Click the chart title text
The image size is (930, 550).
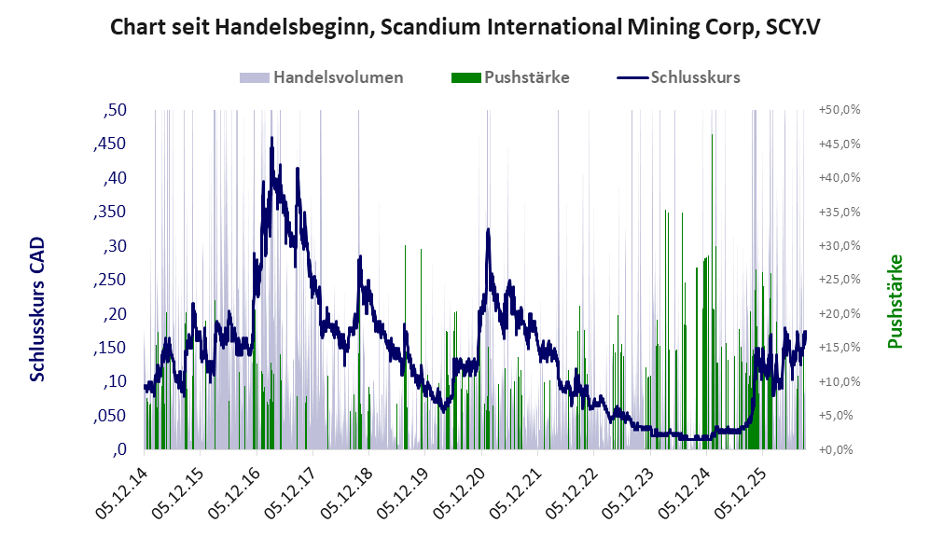tap(465, 27)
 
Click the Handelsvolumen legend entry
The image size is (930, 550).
tap(322, 77)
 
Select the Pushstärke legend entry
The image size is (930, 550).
tap(510, 77)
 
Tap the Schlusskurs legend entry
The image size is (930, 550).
tap(678, 77)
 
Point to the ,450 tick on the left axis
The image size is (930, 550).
tap(110, 144)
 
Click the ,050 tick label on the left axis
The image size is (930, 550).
tap(110, 416)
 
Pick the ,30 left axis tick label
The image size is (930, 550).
tap(115, 246)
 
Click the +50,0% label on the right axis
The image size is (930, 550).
tap(840, 110)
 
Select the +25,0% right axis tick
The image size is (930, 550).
tap(840, 280)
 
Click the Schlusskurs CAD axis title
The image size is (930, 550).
tap(37, 309)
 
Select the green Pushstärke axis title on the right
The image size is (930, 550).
tap(895, 301)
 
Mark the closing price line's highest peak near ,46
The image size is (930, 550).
tap(271, 138)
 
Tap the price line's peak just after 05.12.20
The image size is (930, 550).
tap(488, 228)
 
